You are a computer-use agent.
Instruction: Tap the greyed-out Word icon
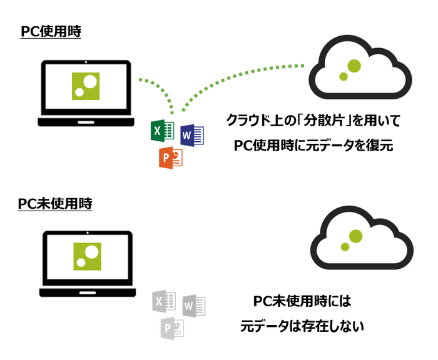pyautogui.click(x=193, y=306)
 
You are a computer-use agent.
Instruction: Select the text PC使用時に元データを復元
pyautogui.click(x=312, y=146)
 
